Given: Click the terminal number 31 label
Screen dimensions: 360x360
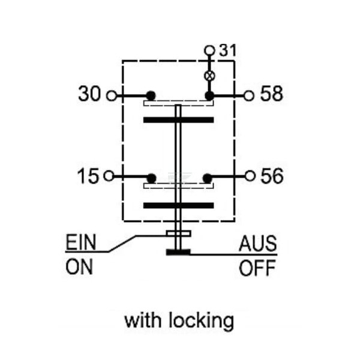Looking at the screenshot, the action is [227, 50].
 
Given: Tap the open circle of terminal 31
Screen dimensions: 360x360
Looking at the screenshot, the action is [209, 50].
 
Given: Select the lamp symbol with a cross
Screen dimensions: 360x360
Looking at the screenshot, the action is [209, 76].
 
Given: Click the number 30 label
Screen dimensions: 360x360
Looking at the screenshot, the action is [89, 94].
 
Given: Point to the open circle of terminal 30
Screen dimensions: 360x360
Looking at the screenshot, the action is [112, 95].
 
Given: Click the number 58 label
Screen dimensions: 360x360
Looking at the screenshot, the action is [272, 94].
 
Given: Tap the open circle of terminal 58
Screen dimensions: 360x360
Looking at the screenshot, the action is [249, 95].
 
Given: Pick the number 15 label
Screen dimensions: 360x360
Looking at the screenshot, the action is [88, 176].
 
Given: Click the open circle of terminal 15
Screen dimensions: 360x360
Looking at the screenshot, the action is [109, 176].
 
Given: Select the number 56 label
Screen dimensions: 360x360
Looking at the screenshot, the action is [272, 176].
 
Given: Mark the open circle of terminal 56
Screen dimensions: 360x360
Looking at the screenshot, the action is [250, 176].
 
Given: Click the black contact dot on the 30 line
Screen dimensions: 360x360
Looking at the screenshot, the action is [151, 95].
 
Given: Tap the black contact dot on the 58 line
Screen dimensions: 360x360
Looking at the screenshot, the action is [209, 96].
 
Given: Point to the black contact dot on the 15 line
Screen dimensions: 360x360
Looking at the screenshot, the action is [152, 178].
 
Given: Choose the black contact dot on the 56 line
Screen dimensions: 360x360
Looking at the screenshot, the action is [208, 178].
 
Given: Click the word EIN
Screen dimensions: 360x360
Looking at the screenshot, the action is [81, 242].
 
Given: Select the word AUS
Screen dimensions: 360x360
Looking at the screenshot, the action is [257, 244].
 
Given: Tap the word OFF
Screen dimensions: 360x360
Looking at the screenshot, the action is [257, 268].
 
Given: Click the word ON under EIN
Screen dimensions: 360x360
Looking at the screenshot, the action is [79, 266].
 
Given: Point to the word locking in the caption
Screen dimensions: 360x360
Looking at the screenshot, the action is [202, 321].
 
